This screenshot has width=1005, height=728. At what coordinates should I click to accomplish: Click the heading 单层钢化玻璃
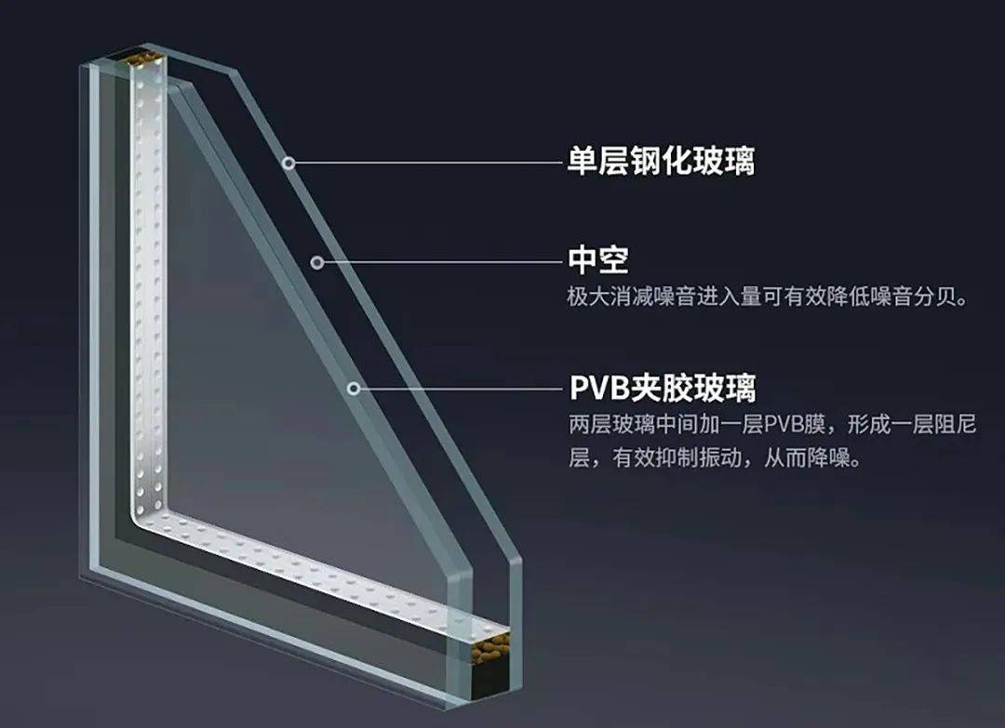662,161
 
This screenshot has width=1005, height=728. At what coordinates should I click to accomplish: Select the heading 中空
599,260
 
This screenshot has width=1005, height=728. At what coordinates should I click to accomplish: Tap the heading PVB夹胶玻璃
662,386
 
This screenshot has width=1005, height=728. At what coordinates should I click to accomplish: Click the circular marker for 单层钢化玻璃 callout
289,162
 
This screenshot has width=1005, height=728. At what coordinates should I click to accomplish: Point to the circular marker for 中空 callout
316,262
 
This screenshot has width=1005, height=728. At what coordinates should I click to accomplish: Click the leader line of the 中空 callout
437,262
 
